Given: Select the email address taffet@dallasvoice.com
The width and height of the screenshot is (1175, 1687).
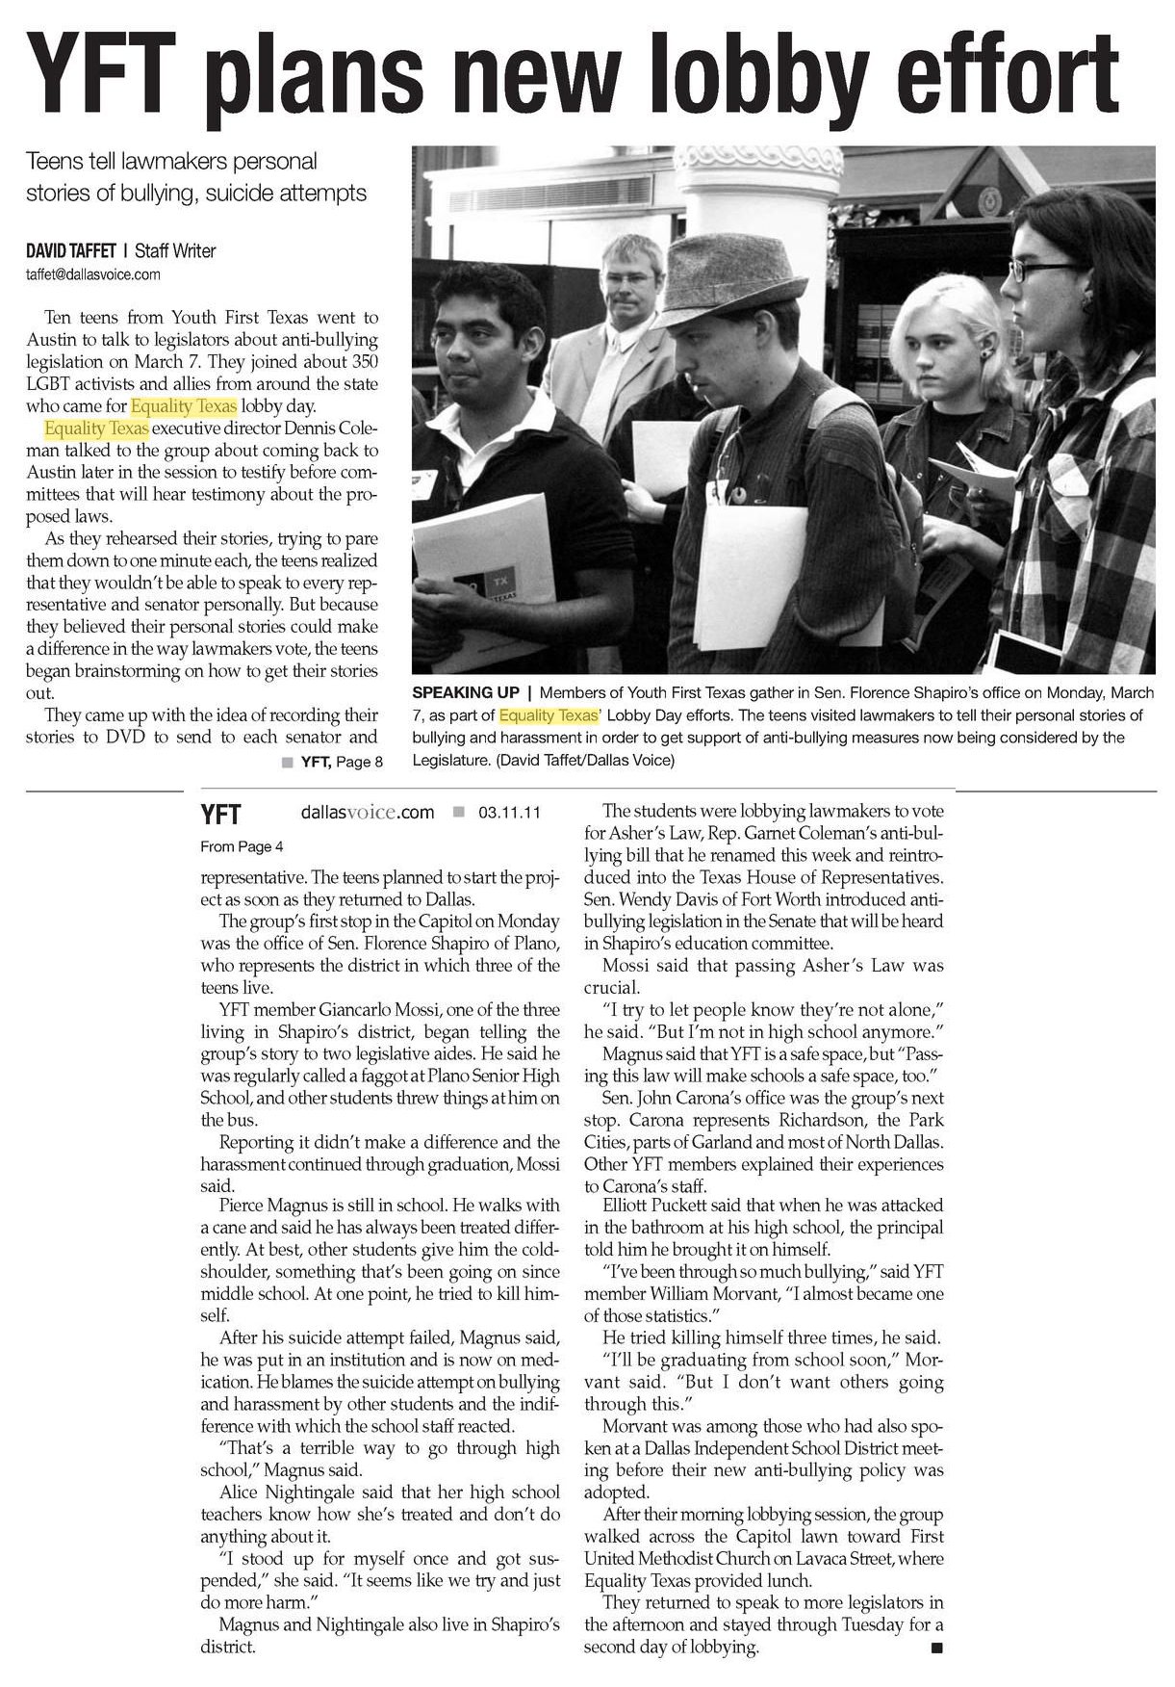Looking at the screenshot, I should [92, 274].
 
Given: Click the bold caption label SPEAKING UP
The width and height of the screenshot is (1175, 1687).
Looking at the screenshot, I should [465, 693].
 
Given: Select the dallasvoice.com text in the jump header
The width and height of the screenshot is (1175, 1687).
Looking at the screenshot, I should [367, 813].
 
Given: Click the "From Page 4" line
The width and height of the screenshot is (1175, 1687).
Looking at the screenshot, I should [242, 847].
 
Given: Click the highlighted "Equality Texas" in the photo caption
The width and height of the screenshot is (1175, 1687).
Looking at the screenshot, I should [548, 715].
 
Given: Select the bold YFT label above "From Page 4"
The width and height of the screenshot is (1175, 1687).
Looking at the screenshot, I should [220, 815].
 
